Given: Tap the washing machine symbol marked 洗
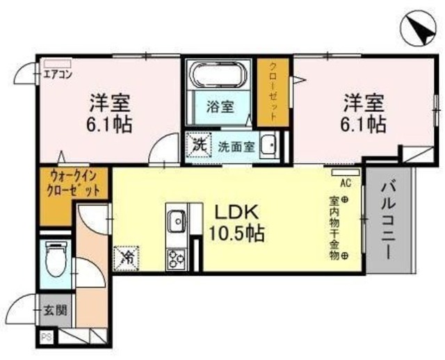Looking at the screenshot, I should (199, 146).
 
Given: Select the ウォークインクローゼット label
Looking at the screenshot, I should (74, 183).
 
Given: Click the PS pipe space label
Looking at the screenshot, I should (47, 338).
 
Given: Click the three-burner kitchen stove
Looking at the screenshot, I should (174, 259).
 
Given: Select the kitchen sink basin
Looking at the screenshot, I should (175, 222).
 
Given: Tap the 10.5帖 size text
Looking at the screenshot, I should (236, 234).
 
